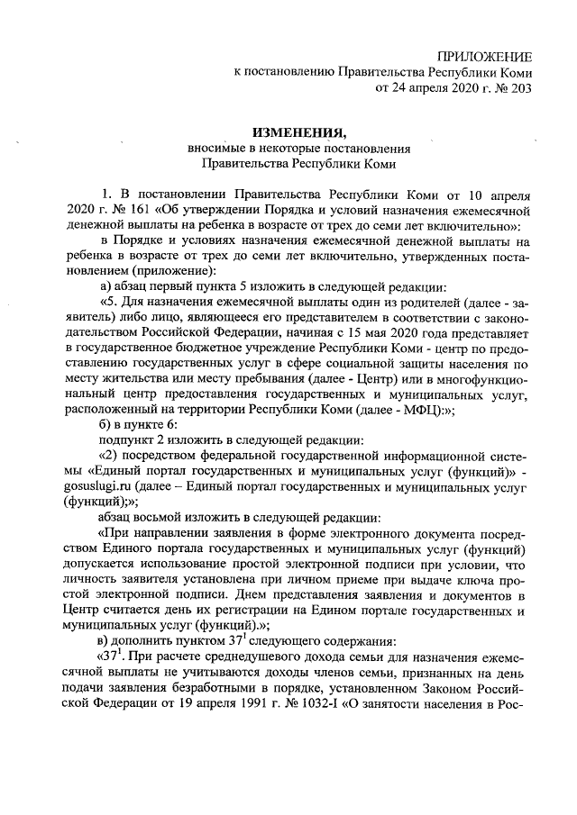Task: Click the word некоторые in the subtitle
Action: point(290,149)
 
